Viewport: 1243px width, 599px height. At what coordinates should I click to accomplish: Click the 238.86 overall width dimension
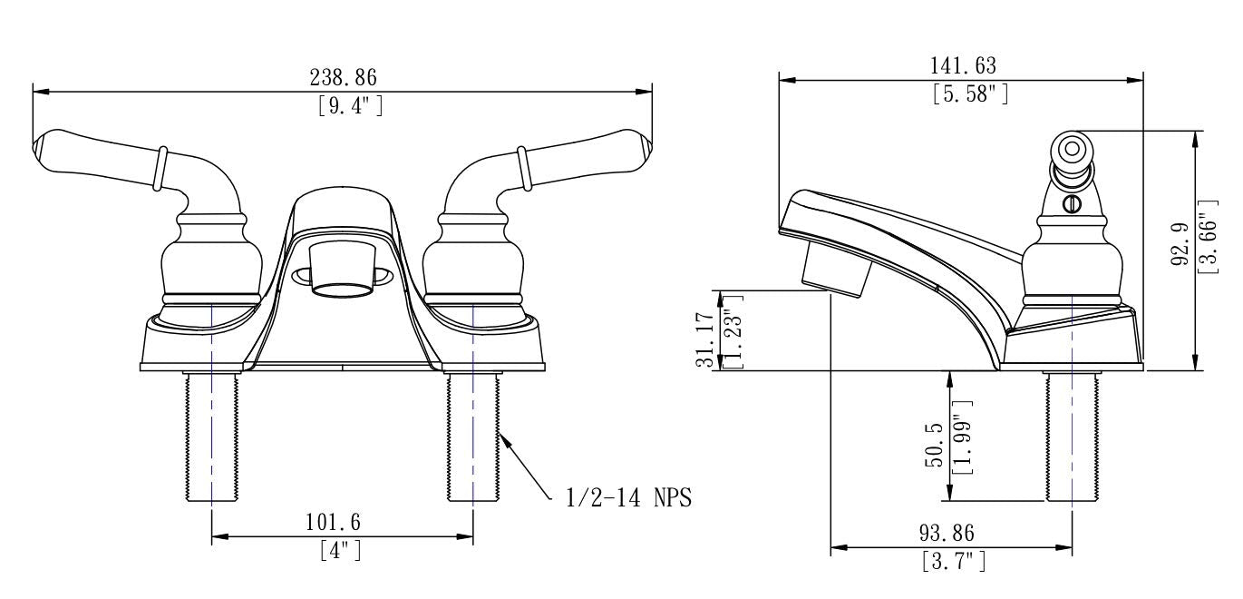click(x=343, y=77)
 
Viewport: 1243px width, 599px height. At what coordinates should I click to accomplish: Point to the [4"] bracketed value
click(x=341, y=551)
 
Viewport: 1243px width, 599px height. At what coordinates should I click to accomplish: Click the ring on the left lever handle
click(x=160, y=168)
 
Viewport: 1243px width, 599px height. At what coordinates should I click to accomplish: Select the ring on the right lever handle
click(x=523, y=168)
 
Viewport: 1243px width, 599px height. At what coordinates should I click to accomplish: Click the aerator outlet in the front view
click(x=342, y=290)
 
